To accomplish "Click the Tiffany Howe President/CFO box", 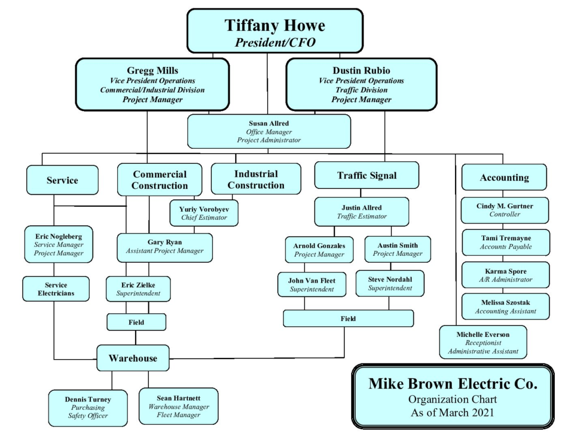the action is coord(275,31).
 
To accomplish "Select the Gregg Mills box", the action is coord(152,84).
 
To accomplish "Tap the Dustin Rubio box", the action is coord(361,84).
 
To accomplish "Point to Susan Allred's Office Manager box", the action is coord(269,132).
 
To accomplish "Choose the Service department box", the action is coord(62,180).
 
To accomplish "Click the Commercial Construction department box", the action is coord(159,180).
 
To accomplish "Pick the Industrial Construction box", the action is coord(256,179).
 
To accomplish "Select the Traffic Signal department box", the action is coord(367,175).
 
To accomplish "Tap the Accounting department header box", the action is coord(504,177).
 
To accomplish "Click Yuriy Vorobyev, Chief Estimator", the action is coord(204,213).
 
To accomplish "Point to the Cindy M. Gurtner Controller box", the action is coord(505,210).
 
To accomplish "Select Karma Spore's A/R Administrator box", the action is coord(505,275).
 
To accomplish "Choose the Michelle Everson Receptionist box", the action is coord(483,342).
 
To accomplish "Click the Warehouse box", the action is coord(133,358).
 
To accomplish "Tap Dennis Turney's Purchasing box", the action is coord(88,408).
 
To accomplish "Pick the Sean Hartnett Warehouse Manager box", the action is coord(178,406).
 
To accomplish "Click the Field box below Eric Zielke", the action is coord(136,322).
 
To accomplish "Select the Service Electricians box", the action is coord(56,289).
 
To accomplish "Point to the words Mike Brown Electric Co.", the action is coord(453,384).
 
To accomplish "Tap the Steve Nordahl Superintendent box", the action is coord(390,283).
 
